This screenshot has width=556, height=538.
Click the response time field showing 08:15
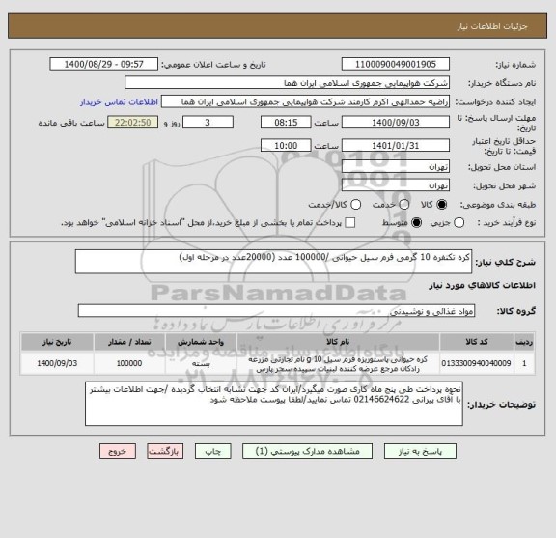pos(285,124)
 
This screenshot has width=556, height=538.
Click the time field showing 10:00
pos(285,144)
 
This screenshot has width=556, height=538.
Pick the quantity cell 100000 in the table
pos(129,362)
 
